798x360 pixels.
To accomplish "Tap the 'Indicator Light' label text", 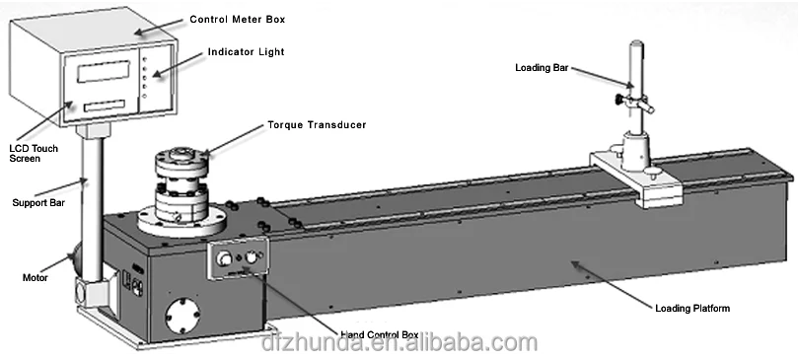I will click(x=246, y=52).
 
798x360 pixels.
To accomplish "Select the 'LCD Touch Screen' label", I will click(x=32, y=153).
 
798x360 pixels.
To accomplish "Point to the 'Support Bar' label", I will click(x=37, y=202).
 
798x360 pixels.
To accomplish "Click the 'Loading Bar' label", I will click(x=541, y=68).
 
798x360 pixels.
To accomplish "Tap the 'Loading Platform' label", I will click(x=692, y=309).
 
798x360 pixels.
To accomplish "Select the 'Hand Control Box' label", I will click(x=379, y=335).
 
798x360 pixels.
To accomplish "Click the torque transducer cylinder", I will click(x=182, y=178).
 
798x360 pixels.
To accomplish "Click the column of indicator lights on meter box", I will click(x=146, y=76).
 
